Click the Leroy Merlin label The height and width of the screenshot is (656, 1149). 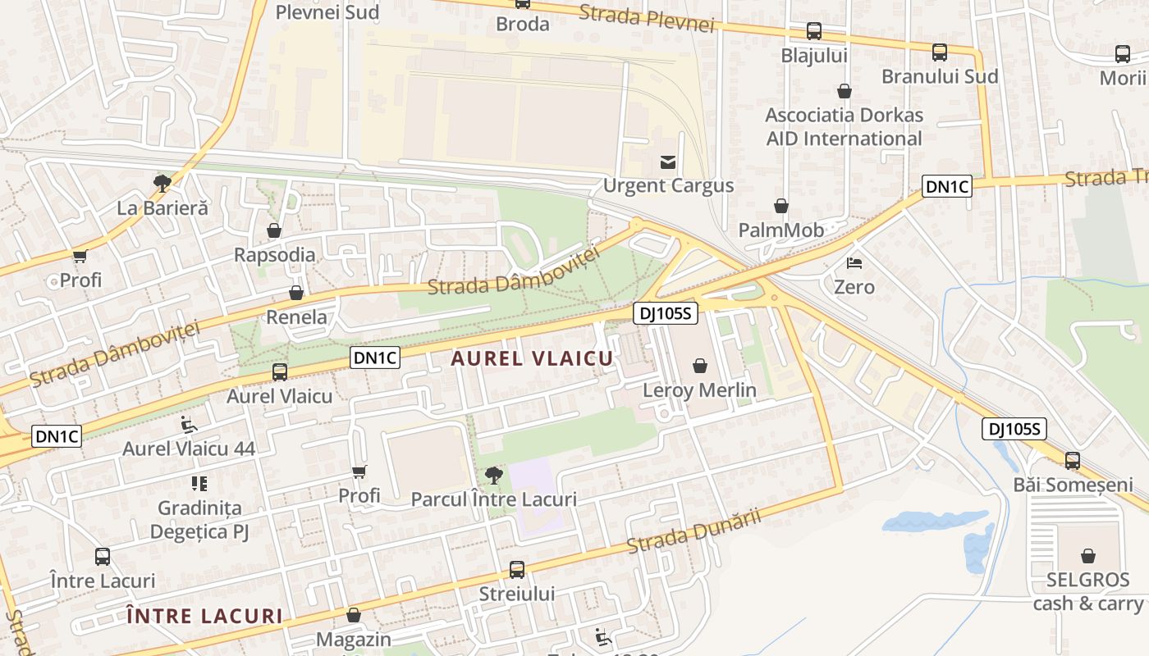coord(699,390)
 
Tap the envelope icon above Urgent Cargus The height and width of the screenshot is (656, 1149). coord(668,162)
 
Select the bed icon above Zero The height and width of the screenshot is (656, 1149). coord(854,264)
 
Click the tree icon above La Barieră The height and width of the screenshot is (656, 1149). coord(163,184)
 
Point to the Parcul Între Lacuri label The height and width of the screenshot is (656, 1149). coord(493,499)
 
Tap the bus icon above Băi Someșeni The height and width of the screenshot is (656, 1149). coord(1072,461)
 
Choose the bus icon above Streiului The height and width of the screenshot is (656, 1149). coord(517,570)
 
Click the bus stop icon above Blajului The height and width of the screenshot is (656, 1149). coord(814,32)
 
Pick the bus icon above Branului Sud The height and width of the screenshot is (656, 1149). coord(940,53)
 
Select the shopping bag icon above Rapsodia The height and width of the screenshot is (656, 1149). coord(274,231)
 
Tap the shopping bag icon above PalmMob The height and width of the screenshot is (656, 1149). coord(781,206)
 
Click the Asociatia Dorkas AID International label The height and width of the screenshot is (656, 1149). coord(844,126)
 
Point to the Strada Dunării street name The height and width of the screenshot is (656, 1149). coord(694,531)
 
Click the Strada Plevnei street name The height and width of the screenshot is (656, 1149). coord(647,18)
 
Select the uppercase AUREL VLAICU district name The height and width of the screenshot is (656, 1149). coord(532,358)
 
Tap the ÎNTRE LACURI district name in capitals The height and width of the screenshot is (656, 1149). coord(204,616)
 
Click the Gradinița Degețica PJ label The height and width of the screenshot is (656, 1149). coord(199,520)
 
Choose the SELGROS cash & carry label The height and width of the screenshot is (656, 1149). coord(1087,591)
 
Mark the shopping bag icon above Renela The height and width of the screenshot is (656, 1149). coord(296,293)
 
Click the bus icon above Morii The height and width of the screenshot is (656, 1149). coord(1123,55)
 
